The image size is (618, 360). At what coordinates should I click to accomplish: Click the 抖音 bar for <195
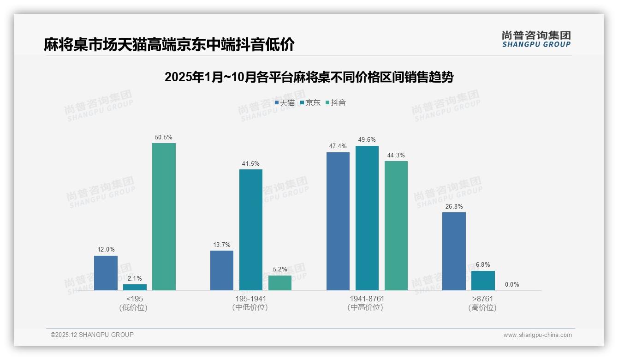[x=164, y=216]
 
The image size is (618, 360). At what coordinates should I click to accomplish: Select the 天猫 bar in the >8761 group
[x=454, y=251]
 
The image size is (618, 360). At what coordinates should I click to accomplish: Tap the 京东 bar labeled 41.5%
[x=250, y=229]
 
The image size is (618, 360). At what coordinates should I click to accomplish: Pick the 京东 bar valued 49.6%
[x=367, y=218]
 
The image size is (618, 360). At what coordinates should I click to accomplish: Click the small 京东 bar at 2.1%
[x=135, y=287]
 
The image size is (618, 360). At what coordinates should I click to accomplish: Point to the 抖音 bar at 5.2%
[x=279, y=282]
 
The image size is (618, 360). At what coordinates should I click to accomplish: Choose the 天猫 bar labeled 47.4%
[x=338, y=221]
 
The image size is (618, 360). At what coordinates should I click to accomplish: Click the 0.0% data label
[x=511, y=285]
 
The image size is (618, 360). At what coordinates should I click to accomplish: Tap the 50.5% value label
[x=164, y=138]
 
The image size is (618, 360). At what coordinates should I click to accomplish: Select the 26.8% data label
[x=454, y=207]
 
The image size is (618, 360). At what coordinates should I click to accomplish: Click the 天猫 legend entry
[x=285, y=103]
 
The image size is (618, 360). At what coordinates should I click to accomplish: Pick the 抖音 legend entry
[x=336, y=103]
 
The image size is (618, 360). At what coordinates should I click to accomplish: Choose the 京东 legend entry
[x=310, y=103]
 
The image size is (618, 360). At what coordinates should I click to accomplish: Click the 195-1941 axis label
[x=250, y=299]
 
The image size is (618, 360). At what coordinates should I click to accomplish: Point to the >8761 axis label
[x=483, y=299]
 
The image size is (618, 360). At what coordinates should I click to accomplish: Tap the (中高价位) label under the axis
[x=366, y=308]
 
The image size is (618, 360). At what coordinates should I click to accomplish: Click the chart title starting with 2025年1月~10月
[x=309, y=77]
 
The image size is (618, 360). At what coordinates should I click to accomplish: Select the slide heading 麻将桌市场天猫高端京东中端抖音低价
[x=169, y=45]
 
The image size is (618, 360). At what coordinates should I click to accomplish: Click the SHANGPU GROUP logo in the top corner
[x=536, y=39]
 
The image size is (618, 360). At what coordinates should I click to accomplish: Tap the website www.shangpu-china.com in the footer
[x=537, y=335]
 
